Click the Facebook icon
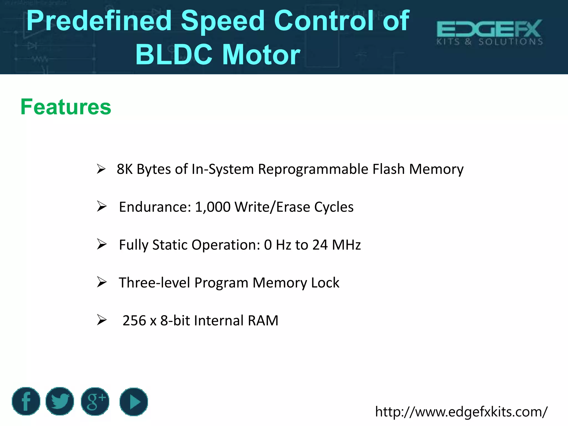26,401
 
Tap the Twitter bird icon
60,401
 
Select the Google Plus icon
95,401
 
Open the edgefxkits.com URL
461,412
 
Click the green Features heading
66,107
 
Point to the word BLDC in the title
174,55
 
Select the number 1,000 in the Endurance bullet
213,207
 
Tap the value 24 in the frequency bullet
320,245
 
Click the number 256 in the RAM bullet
134,321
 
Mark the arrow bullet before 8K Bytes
101,169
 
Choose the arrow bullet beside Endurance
102,207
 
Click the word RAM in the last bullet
263,321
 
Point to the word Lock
325,283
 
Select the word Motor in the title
261,55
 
